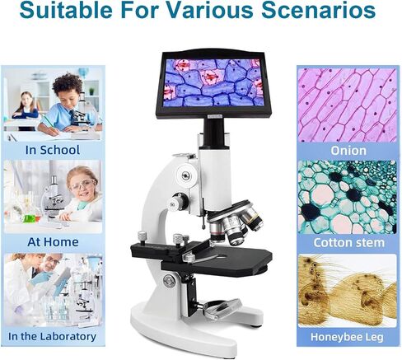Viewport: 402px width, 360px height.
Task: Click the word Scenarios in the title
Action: tap(318, 10)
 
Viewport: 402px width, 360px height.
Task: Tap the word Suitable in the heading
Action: tap(66, 10)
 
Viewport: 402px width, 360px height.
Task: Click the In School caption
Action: tap(53, 150)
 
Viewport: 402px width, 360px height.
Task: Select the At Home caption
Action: tap(53, 242)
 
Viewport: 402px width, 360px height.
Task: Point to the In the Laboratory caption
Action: tap(52, 336)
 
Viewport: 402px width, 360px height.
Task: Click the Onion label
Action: tap(348, 151)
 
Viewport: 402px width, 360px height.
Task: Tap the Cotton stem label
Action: tap(348, 243)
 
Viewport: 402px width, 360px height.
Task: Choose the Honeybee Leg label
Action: tap(347, 337)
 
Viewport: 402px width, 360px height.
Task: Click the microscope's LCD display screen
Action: tap(213, 83)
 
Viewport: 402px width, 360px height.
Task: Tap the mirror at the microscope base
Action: tap(221, 308)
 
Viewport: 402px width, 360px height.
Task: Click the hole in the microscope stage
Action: tap(222, 257)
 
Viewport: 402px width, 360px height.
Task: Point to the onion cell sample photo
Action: tap(348, 105)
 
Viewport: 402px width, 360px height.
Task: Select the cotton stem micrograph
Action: tap(348, 197)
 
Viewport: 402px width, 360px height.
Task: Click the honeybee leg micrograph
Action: tap(348, 291)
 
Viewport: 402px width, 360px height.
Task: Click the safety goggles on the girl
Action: tap(83, 184)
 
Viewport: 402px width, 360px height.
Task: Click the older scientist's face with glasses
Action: tap(52, 262)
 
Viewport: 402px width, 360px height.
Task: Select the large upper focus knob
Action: tap(186, 175)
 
